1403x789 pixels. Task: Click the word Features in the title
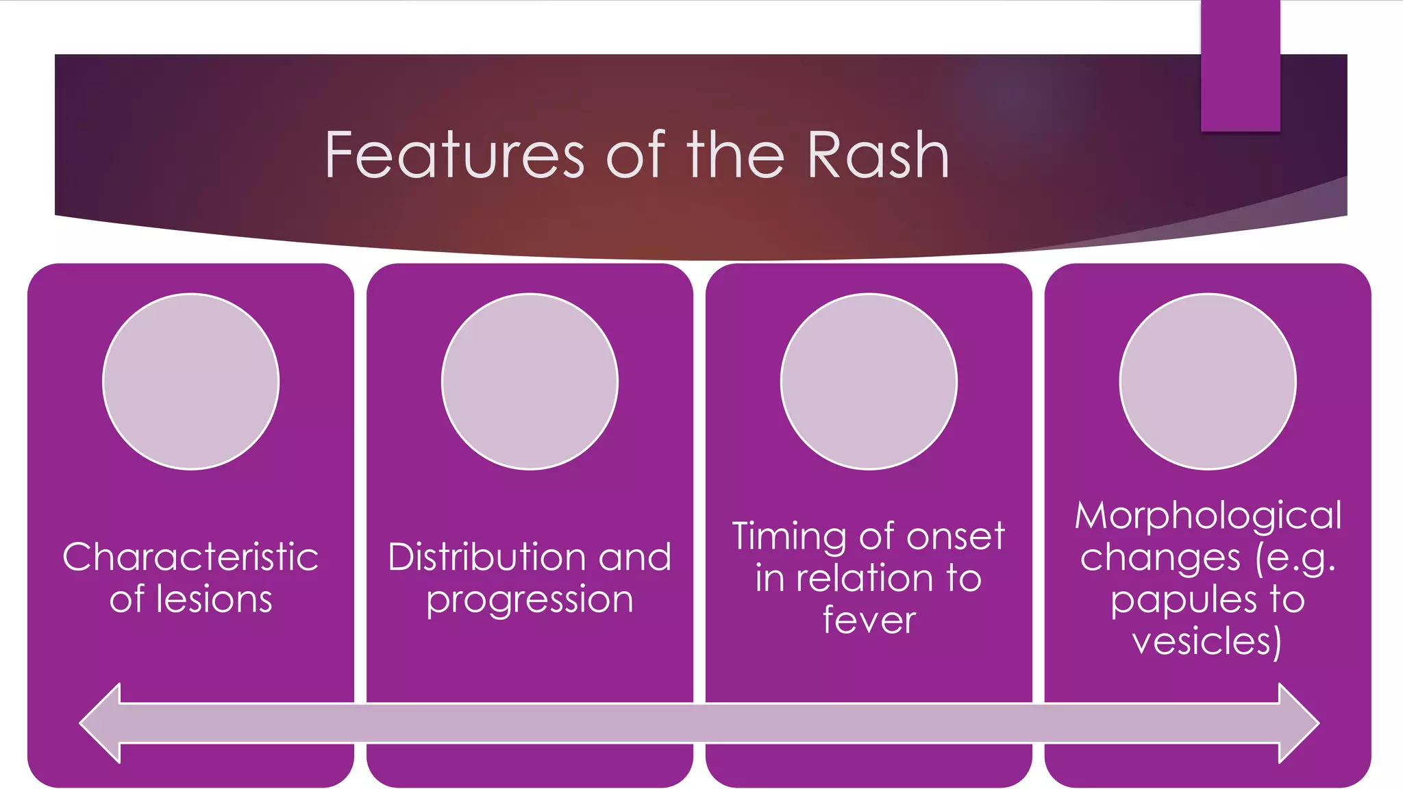(x=454, y=156)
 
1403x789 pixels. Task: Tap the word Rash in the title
(x=878, y=156)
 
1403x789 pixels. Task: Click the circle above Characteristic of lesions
(x=191, y=381)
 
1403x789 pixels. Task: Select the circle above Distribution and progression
(x=530, y=381)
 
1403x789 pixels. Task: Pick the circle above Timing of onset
(x=869, y=381)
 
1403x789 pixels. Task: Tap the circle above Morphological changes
(x=1208, y=381)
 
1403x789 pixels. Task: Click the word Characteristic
(x=190, y=556)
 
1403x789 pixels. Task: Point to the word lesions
(x=214, y=599)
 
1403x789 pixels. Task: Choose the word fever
(x=869, y=620)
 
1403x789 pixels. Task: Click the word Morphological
(x=1208, y=516)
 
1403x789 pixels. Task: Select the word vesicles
(x=1206, y=642)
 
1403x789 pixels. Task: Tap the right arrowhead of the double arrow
(x=1298, y=723)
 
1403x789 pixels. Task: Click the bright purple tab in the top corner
(x=1240, y=66)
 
